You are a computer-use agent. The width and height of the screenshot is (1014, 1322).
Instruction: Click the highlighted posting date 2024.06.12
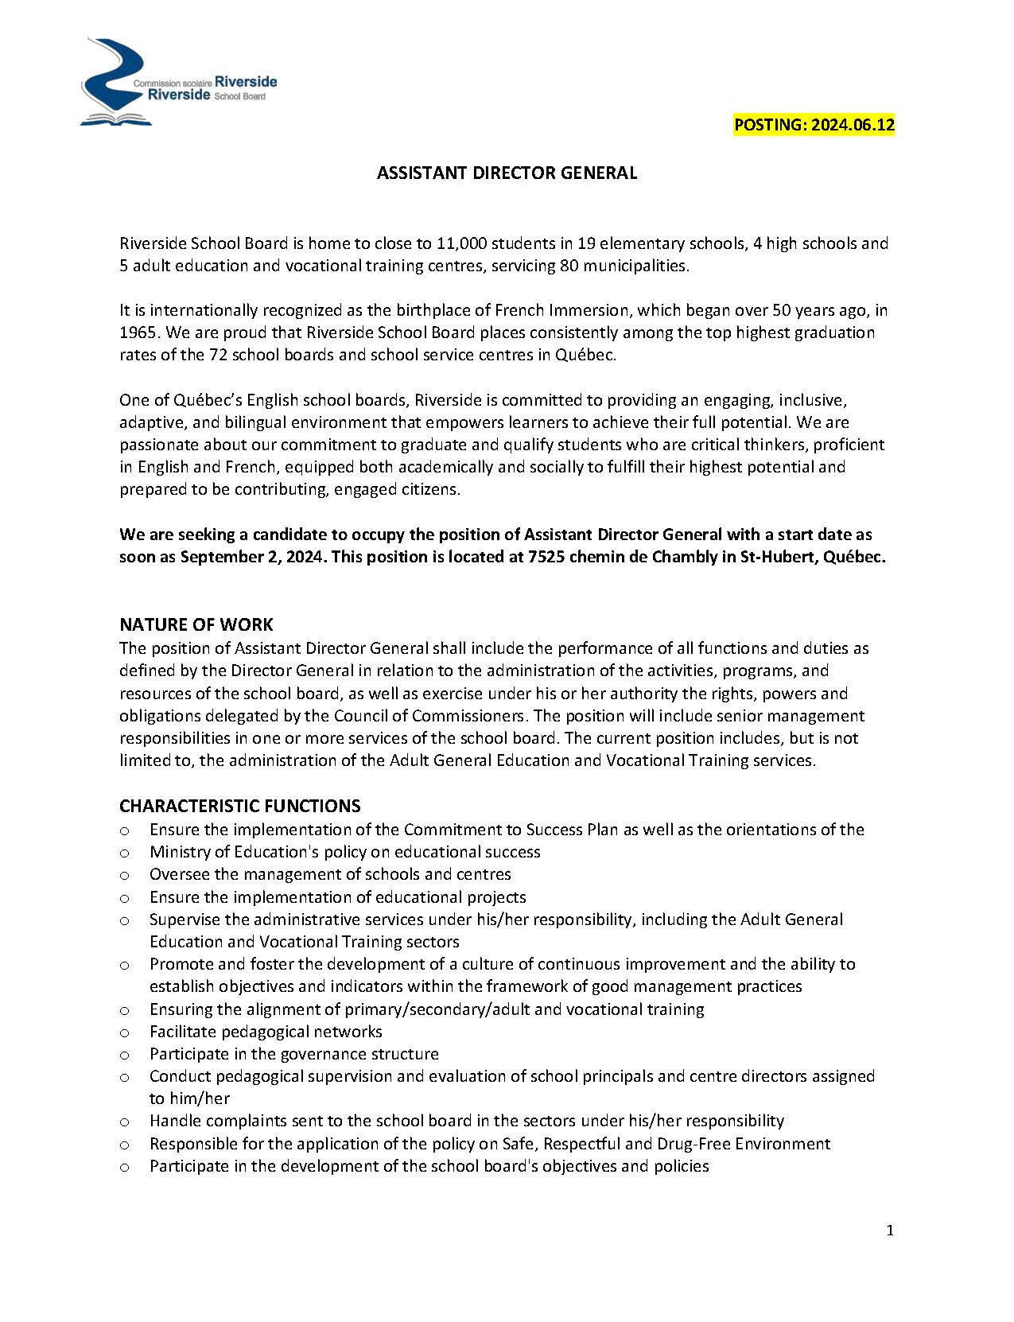[x=814, y=125]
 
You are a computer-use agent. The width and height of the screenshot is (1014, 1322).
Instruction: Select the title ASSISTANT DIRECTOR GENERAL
[x=507, y=173]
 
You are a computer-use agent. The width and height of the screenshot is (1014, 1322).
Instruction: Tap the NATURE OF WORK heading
[x=196, y=624]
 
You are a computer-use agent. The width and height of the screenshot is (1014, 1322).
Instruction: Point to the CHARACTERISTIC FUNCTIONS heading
[x=239, y=806]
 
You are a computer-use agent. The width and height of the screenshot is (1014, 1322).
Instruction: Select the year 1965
[x=137, y=332]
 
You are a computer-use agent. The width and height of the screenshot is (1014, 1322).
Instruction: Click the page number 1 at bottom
[x=890, y=1231]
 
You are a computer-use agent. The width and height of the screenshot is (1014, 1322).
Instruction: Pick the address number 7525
[x=547, y=557]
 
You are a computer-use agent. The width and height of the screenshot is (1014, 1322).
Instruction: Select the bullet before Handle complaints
[x=125, y=1122]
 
